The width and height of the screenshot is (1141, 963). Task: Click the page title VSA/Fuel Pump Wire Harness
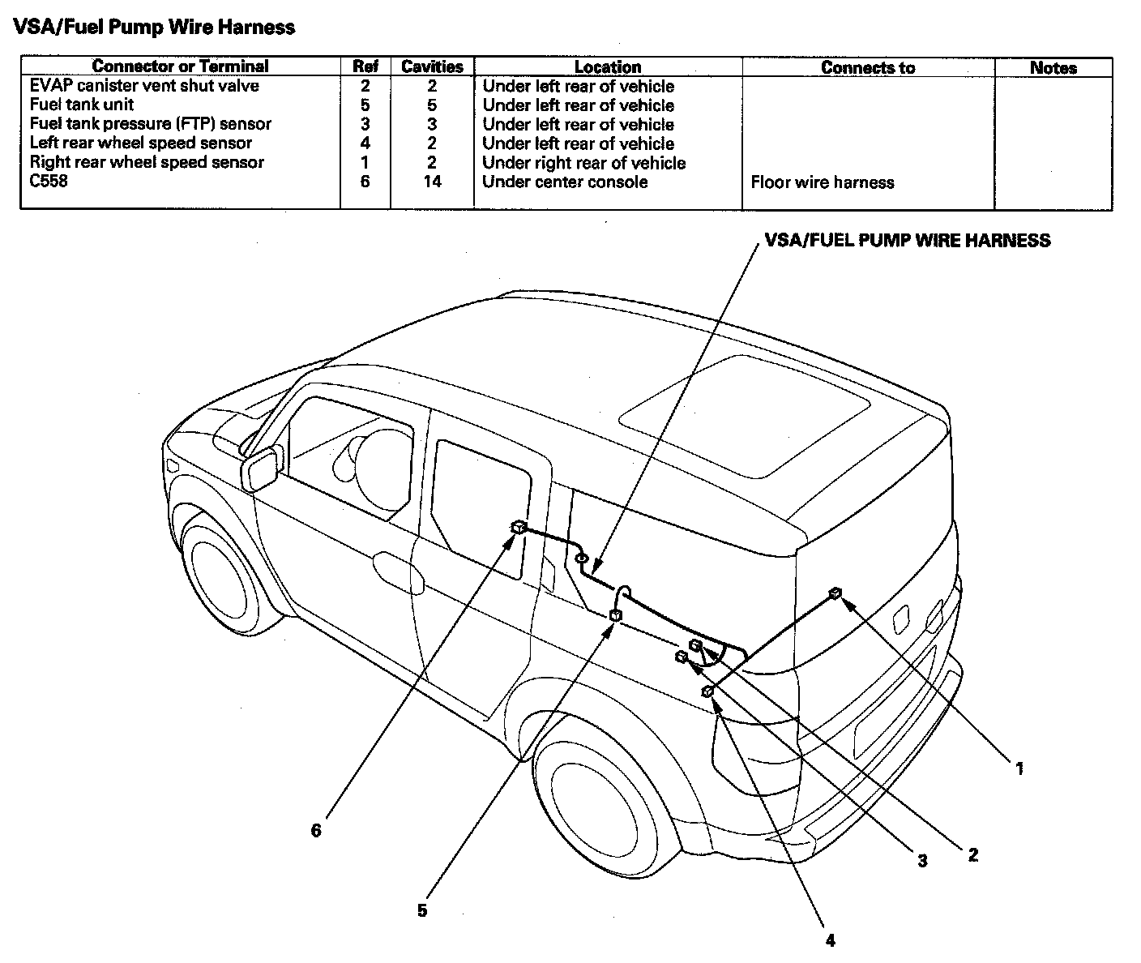pos(154,28)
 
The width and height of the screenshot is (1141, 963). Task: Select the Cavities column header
pos(432,66)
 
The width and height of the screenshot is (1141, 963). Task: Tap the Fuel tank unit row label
pos(82,105)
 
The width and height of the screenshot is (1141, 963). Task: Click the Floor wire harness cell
pos(822,182)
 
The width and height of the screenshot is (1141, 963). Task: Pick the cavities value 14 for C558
pos(432,182)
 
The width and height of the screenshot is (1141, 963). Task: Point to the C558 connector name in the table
pos(49,181)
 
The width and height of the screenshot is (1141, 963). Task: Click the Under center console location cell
pos(565,182)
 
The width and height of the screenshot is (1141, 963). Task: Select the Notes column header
pos(1053,67)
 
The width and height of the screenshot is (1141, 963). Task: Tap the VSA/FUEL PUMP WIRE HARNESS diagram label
pos(908,241)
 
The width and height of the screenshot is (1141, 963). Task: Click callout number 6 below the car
pos(316,830)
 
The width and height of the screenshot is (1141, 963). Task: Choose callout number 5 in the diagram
pos(422,910)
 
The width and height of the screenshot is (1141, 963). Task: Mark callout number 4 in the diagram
pos(830,940)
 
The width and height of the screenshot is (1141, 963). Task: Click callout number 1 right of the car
pos(1019,768)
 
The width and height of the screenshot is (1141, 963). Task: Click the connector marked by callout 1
pos(835,594)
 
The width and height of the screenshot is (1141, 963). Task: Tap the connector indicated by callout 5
pos(615,616)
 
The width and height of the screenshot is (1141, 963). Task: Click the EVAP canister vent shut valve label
pos(144,86)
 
